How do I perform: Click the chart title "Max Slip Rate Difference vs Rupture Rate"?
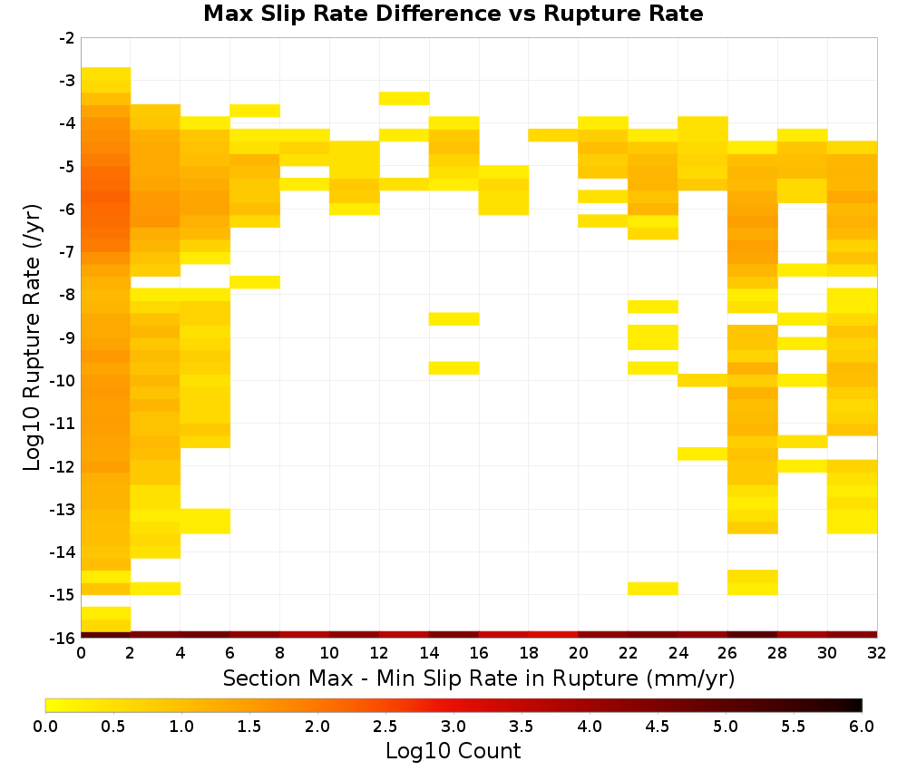(453, 13)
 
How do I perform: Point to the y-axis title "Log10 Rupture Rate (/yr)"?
(32, 337)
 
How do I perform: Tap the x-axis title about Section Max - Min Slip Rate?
(478, 678)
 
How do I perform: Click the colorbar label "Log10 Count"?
(453, 751)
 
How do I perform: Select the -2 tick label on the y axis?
(67, 38)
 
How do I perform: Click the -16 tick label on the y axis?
(63, 638)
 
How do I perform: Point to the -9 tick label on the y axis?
(67, 337)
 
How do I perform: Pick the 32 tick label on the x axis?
(877, 653)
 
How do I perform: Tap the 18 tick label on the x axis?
(529, 653)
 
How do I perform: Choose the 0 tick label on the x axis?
(81, 653)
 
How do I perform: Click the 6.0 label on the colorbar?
(862, 726)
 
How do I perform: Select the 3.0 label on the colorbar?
(453, 726)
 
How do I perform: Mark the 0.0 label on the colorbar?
(45, 726)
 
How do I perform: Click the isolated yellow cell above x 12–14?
(405, 98)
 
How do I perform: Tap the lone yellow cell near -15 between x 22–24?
(653, 588)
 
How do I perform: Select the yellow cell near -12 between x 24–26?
(703, 454)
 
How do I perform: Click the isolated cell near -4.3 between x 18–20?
(553, 135)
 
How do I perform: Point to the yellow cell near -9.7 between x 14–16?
(454, 368)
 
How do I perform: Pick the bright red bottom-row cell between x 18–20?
(553, 635)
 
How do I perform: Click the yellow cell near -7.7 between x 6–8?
(255, 282)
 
